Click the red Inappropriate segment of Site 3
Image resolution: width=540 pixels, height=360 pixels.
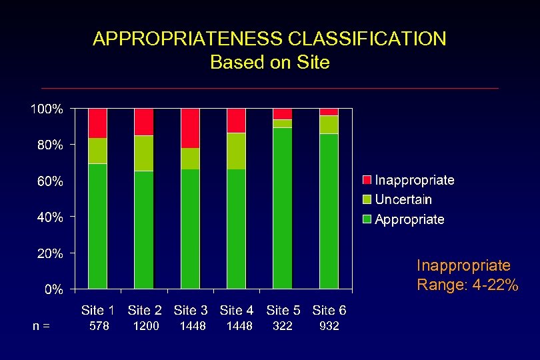click(x=190, y=127)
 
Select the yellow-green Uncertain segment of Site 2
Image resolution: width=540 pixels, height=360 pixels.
click(x=144, y=153)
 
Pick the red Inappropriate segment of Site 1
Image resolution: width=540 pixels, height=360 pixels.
click(x=98, y=123)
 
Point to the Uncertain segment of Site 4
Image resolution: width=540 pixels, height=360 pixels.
click(x=236, y=151)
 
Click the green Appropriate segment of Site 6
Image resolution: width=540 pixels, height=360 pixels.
click(x=329, y=211)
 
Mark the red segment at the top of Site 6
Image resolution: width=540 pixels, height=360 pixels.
click(x=329, y=111)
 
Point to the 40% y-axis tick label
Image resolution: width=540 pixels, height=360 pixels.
click(x=49, y=217)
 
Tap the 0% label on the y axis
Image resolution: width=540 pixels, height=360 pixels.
click(x=54, y=289)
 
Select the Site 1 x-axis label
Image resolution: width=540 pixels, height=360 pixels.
click(x=98, y=310)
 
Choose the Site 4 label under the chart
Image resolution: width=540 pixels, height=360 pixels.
click(x=237, y=310)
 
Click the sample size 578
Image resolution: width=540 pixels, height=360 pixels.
click(x=99, y=326)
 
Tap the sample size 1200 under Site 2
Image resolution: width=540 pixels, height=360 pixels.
click(x=145, y=326)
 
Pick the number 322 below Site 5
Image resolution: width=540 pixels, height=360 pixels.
click(x=283, y=326)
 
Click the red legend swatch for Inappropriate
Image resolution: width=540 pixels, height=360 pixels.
click(x=367, y=180)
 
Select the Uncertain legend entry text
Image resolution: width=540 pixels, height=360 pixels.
click(x=403, y=199)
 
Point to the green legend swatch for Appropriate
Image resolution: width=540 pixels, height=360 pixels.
click(x=367, y=219)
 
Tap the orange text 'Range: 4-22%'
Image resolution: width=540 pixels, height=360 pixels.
click(x=467, y=285)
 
